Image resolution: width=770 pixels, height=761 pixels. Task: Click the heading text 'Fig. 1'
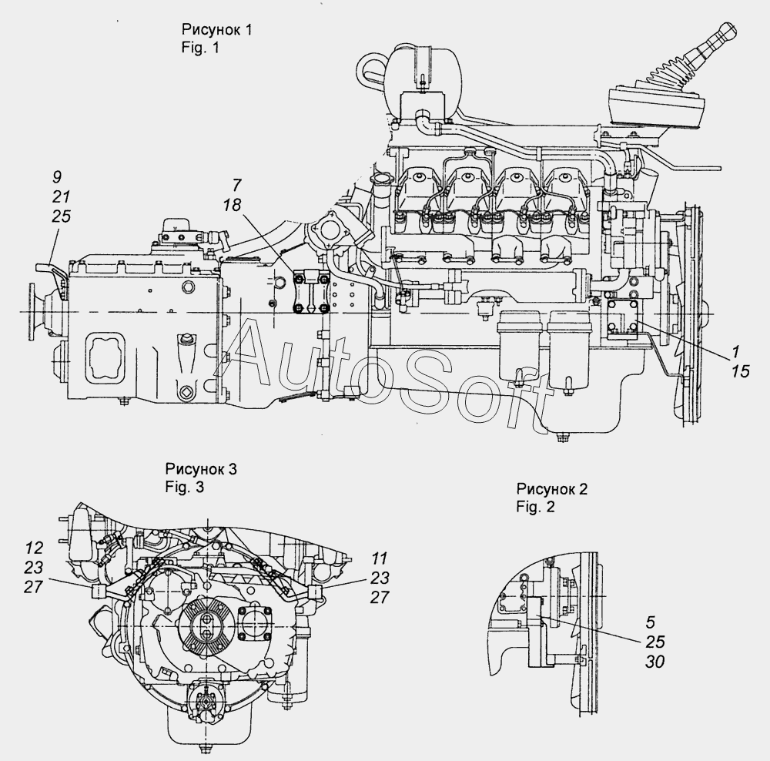199,48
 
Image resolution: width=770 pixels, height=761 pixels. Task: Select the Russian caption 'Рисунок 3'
201,469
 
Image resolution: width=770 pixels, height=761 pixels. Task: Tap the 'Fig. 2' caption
535,507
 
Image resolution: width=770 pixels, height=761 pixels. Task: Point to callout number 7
236,185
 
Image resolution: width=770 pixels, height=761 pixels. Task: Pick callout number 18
232,205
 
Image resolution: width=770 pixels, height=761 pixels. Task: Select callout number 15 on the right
741,371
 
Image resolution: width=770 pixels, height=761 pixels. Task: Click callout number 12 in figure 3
34,548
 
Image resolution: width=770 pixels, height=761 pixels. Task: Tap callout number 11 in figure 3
379,558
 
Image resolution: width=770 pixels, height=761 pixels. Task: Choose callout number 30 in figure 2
655,662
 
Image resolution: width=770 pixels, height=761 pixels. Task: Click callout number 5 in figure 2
650,622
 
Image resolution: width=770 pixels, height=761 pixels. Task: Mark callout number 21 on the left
61,196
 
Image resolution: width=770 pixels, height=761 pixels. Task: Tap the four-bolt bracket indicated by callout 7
310,293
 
